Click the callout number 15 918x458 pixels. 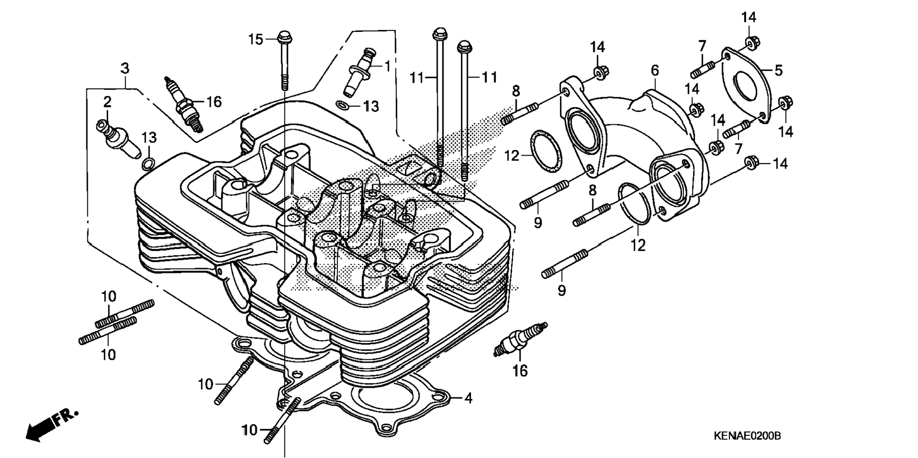point(256,39)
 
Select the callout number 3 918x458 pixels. point(124,68)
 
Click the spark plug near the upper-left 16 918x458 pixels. point(183,104)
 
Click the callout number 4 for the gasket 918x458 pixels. point(468,398)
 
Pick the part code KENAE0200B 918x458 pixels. point(747,436)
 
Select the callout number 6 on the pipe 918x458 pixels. point(655,71)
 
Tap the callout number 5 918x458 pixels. point(778,71)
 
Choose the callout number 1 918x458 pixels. point(387,66)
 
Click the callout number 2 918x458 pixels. point(108,102)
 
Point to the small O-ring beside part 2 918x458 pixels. point(148,164)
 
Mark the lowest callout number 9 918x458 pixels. point(562,290)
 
